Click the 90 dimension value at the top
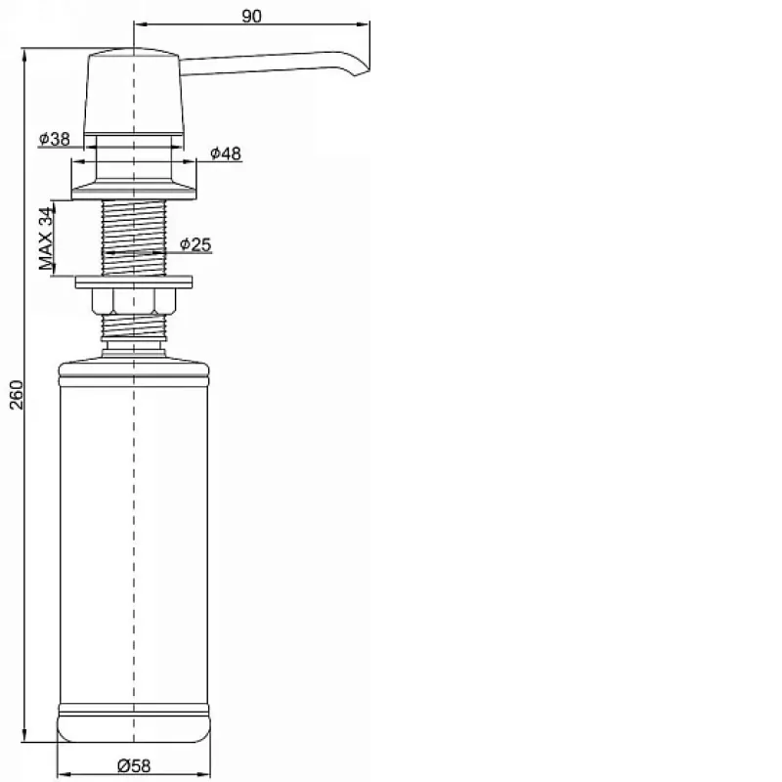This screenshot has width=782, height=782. tap(251, 16)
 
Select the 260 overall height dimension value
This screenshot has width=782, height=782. tap(17, 395)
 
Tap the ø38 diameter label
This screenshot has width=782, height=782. tap(55, 139)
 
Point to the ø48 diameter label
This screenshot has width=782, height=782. tap(226, 153)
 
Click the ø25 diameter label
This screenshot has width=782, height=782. tap(195, 244)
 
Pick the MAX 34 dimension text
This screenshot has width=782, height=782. tap(46, 239)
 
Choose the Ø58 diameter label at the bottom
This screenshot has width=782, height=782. tap(134, 765)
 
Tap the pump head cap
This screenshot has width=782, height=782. tap(134, 91)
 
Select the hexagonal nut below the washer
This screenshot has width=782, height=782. tap(134, 301)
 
